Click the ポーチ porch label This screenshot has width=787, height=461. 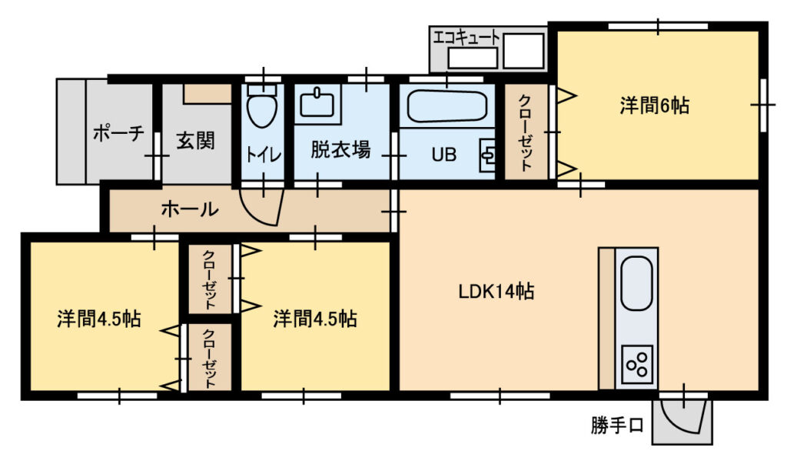coord(118,133)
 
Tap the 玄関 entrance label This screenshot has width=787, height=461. coord(196,141)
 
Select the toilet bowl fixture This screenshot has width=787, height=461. coord(263,105)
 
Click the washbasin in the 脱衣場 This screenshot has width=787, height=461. coord(317,103)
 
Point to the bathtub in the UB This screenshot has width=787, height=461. coord(447,106)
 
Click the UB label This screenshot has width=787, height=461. coord(444,155)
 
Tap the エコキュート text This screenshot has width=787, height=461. coord(467,37)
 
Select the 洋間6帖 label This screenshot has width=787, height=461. coord(655,105)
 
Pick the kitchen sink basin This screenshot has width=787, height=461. coord(636,283)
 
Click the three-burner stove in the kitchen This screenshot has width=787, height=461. coord(637,363)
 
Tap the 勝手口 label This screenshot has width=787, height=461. coord(617,426)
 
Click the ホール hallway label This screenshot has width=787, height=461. coord(190,209)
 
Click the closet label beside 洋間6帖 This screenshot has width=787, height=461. coord(525,132)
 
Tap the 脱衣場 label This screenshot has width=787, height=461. coord(340,150)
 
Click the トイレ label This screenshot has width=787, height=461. coord(263,155)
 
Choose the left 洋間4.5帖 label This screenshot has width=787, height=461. coord(99,319)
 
